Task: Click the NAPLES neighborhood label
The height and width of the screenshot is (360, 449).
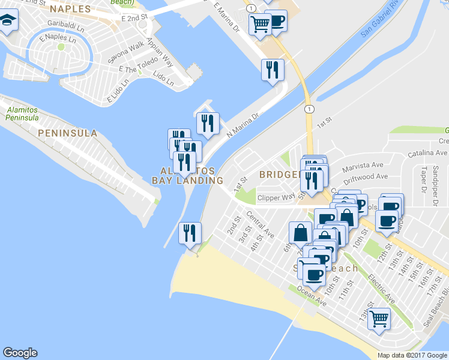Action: click(70, 9)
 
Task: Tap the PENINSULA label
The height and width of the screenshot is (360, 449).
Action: click(67, 133)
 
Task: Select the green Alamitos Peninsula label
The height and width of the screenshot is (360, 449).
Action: click(23, 113)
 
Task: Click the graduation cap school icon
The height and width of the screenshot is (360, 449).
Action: click(9, 22)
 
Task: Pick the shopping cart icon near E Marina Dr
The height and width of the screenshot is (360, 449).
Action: click(260, 25)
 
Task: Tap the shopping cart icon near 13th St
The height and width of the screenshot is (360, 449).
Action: click(379, 320)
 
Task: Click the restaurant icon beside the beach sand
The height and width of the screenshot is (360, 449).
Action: click(190, 233)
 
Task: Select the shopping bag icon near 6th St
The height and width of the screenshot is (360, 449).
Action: click(301, 233)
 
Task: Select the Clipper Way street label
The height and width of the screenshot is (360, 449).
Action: click(276, 197)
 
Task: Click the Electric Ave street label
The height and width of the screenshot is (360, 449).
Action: click(382, 289)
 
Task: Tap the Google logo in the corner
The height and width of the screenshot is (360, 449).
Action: click(20, 353)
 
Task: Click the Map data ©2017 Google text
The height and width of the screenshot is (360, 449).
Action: click(412, 355)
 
